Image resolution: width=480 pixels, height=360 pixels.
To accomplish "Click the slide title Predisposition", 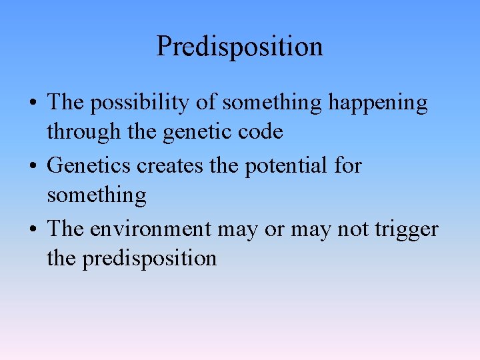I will (x=239, y=47).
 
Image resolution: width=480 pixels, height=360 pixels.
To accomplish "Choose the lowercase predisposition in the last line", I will (x=149, y=258).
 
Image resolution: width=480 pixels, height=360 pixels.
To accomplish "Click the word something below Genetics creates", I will (x=96, y=195).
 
